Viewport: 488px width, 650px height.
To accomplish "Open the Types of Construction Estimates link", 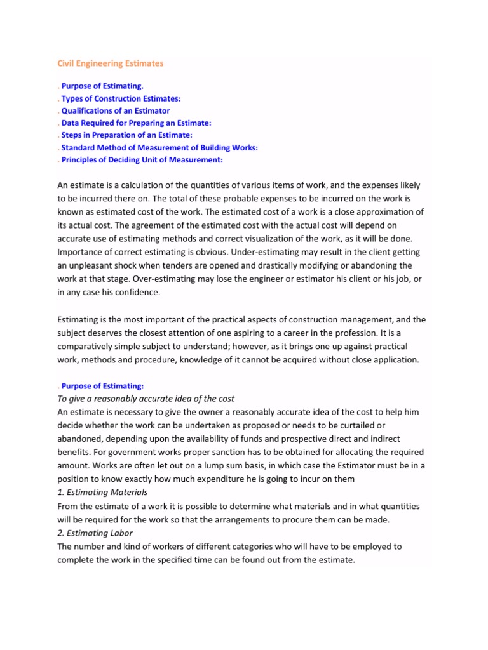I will click(x=121, y=98).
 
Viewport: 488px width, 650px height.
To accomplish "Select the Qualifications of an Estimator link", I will click(x=116, y=110).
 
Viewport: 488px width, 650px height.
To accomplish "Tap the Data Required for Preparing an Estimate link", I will click(x=136, y=123).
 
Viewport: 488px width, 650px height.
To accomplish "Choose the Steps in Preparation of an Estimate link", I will click(x=126, y=135).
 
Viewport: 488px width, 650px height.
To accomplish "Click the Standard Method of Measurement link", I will click(x=159, y=147).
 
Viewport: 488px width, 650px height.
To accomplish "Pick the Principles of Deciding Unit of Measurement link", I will click(x=142, y=160).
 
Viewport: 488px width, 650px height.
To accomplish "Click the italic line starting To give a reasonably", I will click(x=146, y=398).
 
